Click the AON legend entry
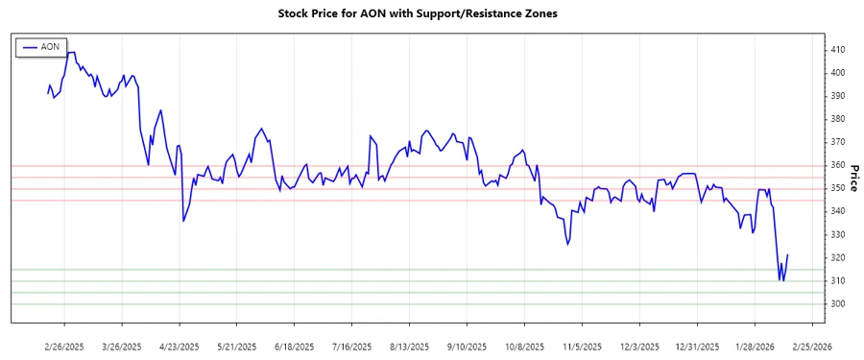tap(49, 46)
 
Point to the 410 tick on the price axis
tap(840, 50)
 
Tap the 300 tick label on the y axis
tap(840, 304)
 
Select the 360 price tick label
tap(840, 165)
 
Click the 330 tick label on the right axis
tap(840, 235)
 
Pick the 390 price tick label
tap(840, 96)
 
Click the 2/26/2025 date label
tap(64, 346)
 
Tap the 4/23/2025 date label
tap(179, 346)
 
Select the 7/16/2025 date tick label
tap(351, 346)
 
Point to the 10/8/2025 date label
tap(524, 346)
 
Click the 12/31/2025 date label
tap(697, 346)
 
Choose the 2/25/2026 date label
tap(811, 346)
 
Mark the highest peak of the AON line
tap(72, 52)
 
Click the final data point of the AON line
tap(787, 255)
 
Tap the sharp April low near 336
tap(183, 221)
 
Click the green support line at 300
tap(432, 304)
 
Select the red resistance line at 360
tap(432, 165)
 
